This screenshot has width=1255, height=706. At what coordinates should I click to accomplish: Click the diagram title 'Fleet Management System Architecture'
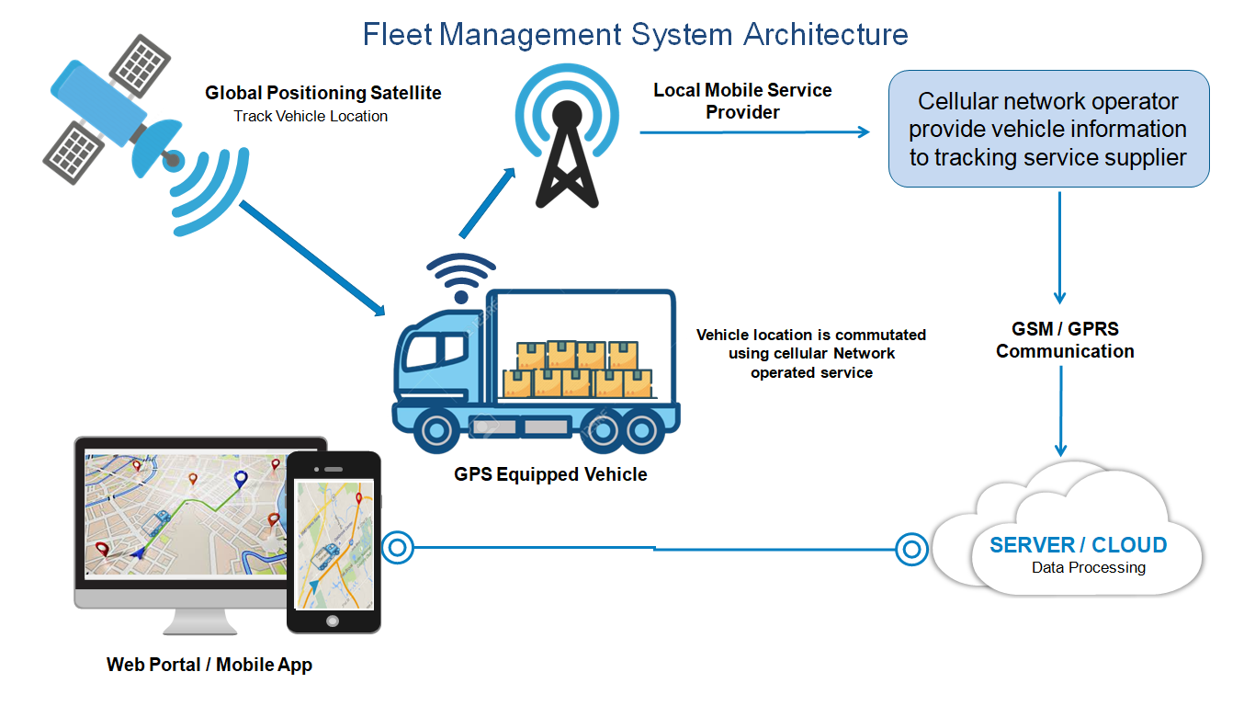point(635,34)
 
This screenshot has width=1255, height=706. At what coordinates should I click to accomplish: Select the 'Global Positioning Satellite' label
point(323,93)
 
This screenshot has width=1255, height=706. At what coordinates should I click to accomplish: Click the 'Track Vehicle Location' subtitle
point(311,116)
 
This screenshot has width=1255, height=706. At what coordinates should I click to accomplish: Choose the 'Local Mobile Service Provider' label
point(742,101)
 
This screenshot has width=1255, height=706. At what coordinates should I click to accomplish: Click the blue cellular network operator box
point(1048,129)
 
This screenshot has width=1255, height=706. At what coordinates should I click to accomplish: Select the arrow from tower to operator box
point(753,132)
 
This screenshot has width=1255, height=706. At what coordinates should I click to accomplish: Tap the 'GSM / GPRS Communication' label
point(1065,340)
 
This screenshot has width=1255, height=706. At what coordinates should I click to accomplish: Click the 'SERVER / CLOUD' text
point(1078,545)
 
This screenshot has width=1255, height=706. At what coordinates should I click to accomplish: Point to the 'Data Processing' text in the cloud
point(1088,568)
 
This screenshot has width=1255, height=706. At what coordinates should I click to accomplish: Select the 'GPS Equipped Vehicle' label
point(550,475)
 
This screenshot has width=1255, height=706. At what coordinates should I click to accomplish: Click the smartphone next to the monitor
point(334,542)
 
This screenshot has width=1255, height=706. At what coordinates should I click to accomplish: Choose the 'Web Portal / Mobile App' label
point(209,665)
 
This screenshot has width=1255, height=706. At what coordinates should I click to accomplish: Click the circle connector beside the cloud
point(911,550)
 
